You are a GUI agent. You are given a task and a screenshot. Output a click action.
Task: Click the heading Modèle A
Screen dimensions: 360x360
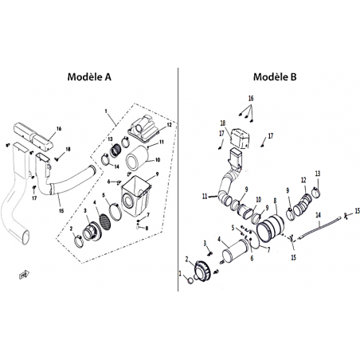pos(89,76)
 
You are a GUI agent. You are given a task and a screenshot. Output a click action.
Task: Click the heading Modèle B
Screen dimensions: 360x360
pos(275,76)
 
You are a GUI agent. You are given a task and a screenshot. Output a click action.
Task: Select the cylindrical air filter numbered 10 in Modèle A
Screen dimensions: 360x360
pos(137,158)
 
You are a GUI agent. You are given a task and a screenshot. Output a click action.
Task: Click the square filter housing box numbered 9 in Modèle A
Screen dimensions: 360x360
pos(135,197)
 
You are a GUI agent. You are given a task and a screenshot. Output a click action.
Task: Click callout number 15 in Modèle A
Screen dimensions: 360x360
pos(61,211)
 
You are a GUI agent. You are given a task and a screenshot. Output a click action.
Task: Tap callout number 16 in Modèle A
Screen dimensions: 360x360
pos(59,129)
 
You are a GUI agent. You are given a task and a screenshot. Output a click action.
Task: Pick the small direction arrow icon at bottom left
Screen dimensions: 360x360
pos(24,274)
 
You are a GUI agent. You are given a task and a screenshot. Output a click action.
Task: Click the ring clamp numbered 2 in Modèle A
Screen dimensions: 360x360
pos(79,241)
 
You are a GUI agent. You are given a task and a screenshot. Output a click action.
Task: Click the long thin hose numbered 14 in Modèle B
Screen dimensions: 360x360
pos(320,228)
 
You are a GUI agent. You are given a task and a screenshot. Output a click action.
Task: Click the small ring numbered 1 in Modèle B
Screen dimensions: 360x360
pos(190,280)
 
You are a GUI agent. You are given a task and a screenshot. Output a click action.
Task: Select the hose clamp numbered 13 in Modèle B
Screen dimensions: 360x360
pos(315,192)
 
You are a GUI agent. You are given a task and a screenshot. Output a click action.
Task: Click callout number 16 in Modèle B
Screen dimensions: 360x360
pos(251,99)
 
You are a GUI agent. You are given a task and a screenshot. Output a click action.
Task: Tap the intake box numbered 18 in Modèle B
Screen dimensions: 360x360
pos(240,138)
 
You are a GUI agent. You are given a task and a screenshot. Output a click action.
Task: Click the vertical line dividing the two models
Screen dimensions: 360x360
pos(178,179)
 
